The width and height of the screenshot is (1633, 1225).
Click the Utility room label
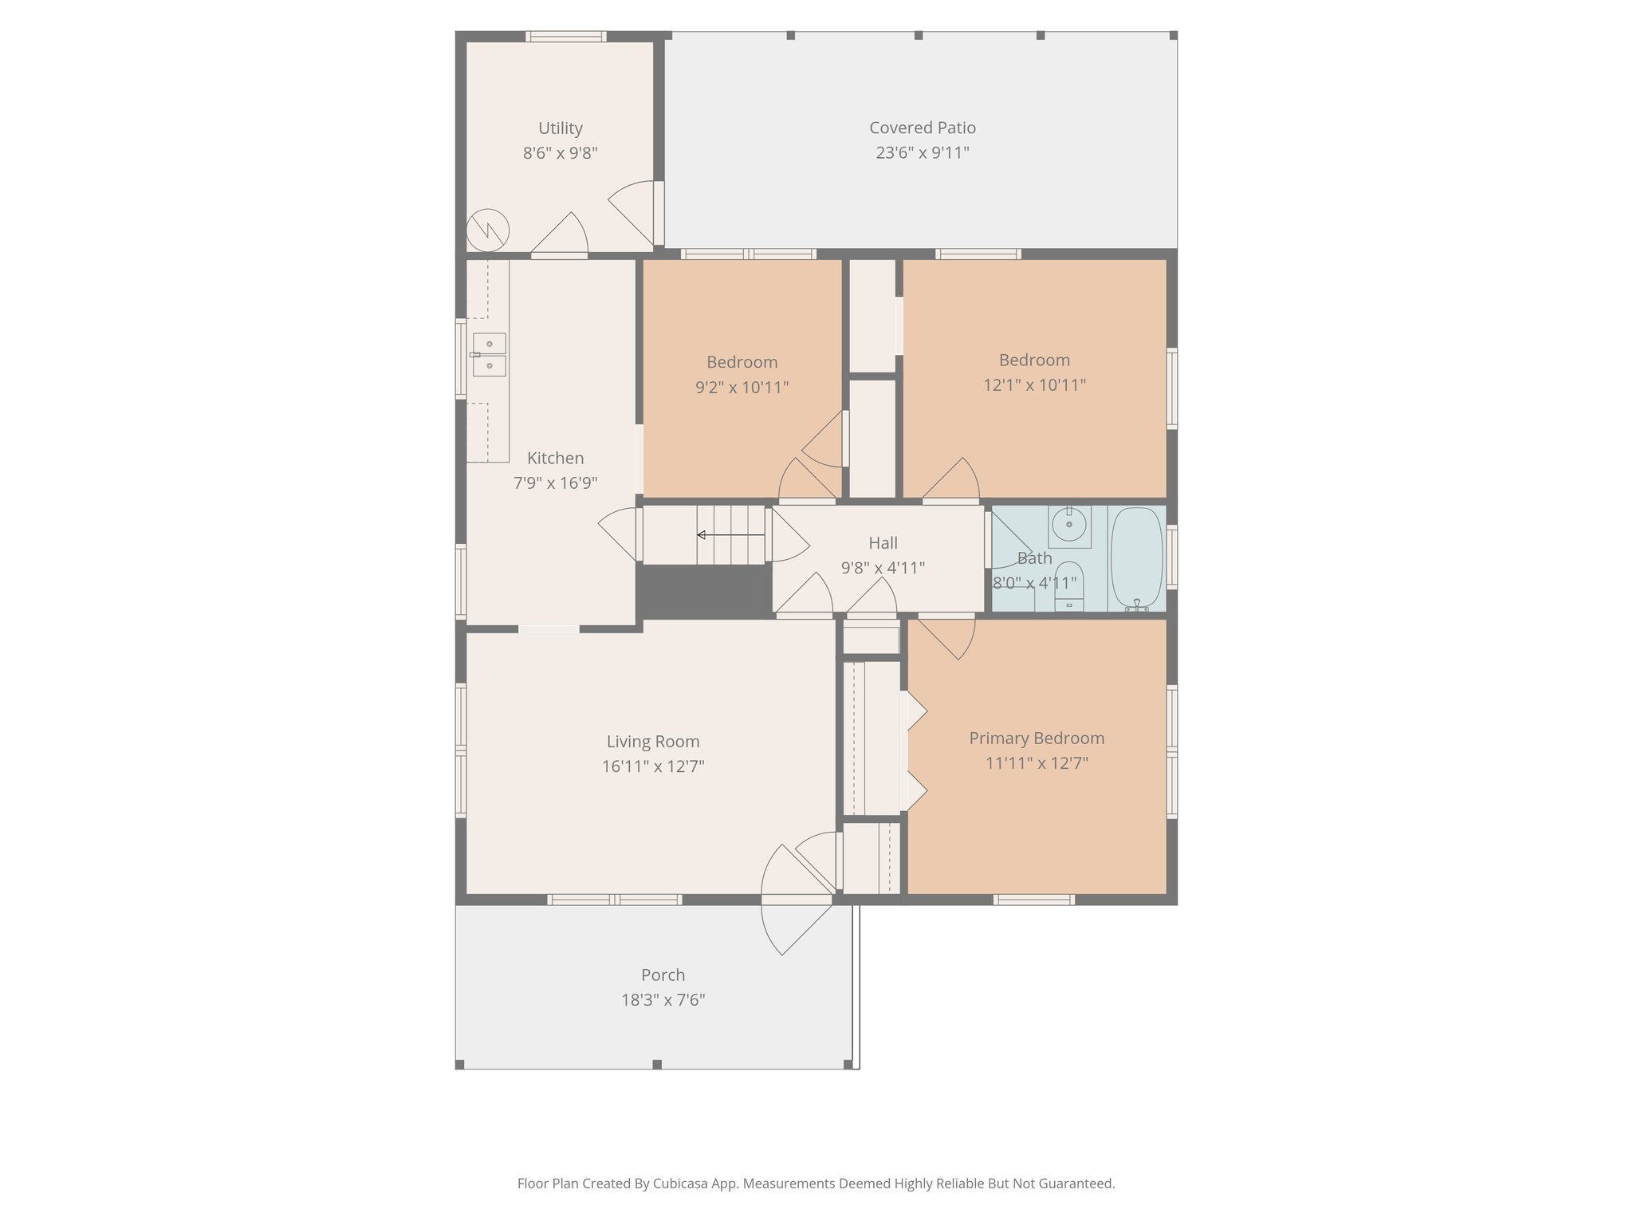560,128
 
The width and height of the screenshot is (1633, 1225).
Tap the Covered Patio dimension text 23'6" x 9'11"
922,153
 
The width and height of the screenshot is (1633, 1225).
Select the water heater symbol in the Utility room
487,230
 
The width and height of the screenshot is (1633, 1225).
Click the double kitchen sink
489,355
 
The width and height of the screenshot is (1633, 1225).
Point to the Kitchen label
555,459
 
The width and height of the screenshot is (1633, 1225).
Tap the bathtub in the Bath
1136,557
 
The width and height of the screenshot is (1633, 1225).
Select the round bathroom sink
1068,525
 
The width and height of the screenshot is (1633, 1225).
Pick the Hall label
883,543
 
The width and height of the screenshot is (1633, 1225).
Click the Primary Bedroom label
1037,739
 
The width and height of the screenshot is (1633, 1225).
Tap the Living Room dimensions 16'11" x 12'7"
653,767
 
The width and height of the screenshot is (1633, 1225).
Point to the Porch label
663,975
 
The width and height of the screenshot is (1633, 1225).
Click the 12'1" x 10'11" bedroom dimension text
1034,385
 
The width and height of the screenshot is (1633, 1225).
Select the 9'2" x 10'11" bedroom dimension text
742,388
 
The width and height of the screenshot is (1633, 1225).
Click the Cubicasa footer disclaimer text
816,1184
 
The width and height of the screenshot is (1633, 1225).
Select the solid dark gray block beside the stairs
703,591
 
